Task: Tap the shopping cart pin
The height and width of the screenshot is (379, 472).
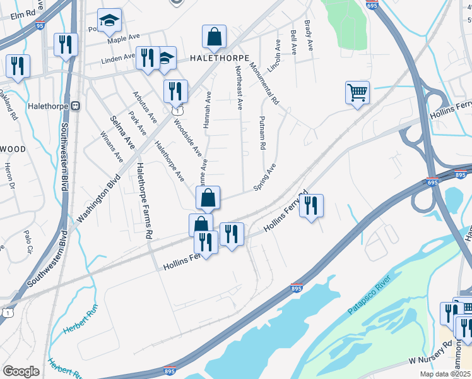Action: pyautogui.click(x=357, y=93)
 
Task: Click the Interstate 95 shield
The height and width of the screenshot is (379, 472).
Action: pyautogui.click(x=40, y=26)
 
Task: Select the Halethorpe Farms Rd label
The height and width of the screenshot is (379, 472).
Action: pyautogui.click(x=145, y=200)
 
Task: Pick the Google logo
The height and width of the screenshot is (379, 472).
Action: pyautogui.click(x=21, y=371)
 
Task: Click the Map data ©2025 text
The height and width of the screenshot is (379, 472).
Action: pyautogui.click(x=444, y=374)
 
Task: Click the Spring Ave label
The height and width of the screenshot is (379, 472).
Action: pyautogui.click(x=264, y=177)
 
